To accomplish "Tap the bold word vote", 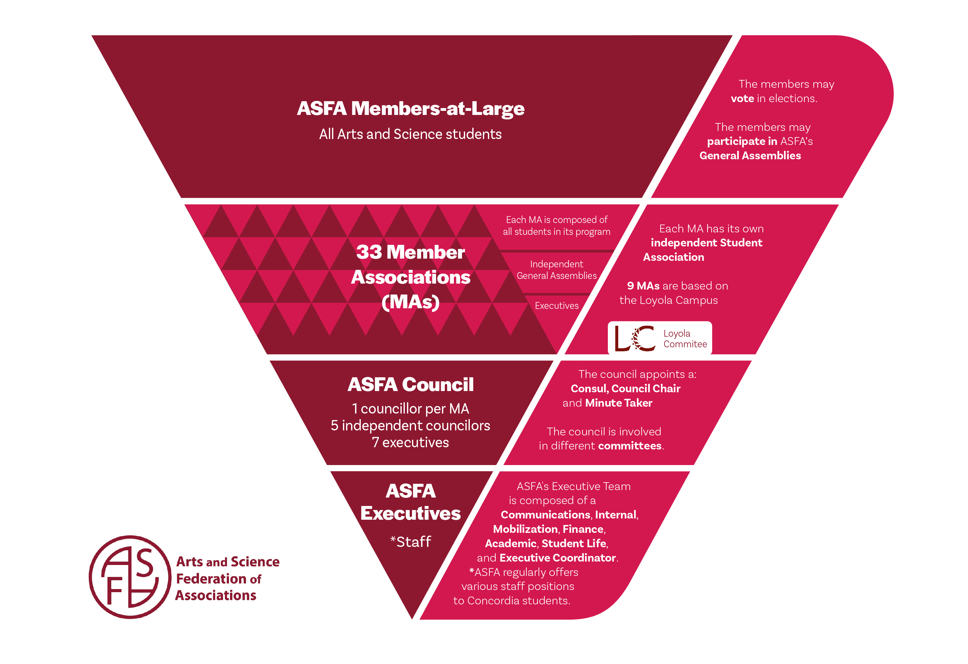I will (x=742, y=99).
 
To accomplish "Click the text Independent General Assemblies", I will (x=557, y=270).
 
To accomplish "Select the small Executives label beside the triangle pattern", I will (x=557, y=306).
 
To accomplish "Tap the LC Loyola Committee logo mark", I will (x=635, y=338).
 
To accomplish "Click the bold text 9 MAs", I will (x=643, y=286).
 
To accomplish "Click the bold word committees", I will (x=629, y=446).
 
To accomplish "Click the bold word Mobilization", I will (x=525, y=529).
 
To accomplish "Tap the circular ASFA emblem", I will (x=130, y=577).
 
